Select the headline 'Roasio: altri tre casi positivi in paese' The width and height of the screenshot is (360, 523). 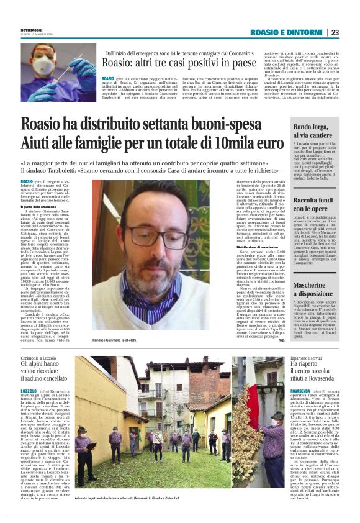pyautogui.click(x=179, y=63)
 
